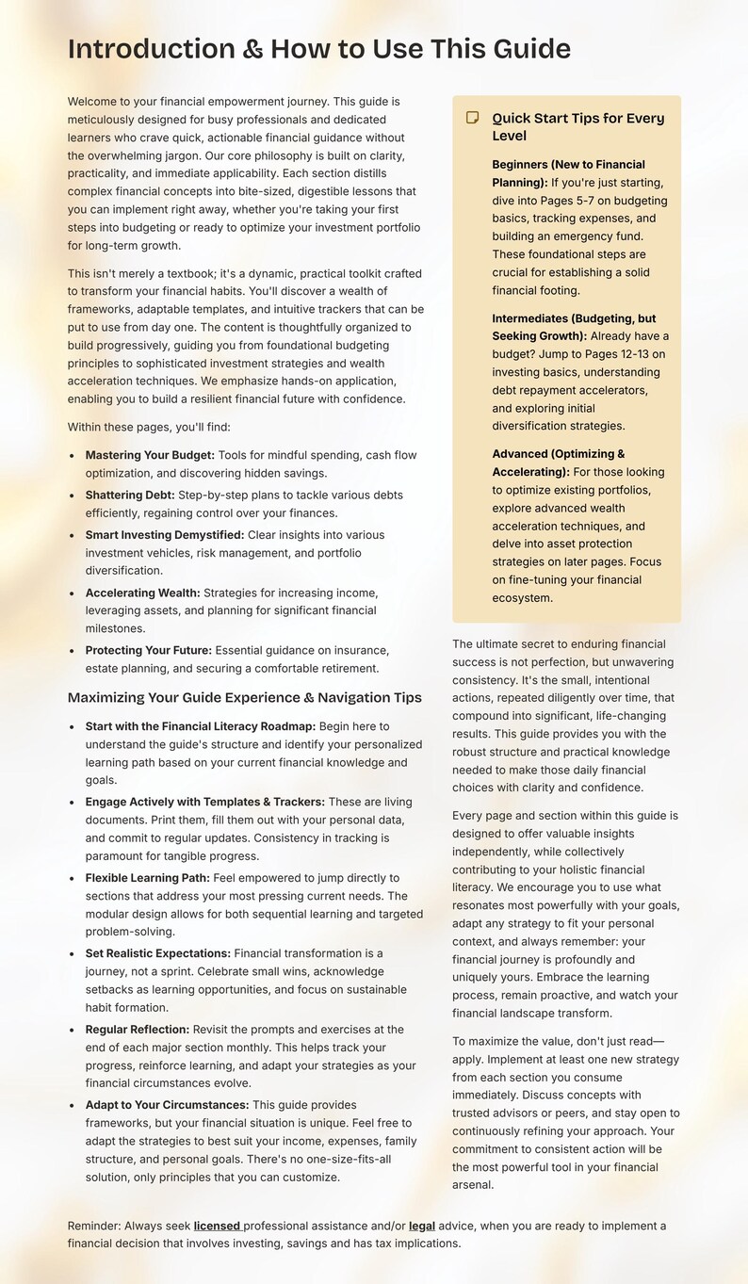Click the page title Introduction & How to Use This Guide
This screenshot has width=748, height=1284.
pos(318,49)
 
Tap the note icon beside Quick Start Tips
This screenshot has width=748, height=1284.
pos(473,118)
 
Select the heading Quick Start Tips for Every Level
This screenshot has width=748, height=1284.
pos(577,126)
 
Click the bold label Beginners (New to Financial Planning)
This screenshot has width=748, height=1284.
pos(568,172)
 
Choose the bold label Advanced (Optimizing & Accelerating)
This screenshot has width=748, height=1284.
pos(558,463)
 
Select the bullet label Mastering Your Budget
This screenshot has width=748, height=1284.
pos(150,455)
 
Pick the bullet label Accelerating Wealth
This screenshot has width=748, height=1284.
pos(142,593)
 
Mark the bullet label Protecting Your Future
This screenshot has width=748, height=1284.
pos(148,650)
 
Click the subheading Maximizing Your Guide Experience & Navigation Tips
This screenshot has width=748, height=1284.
pos(244,698)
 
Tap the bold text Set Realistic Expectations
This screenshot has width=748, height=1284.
pos(157,953)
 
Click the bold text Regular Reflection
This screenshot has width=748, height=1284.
pos(138,1030)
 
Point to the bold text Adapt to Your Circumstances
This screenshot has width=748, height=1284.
pos(167,1105)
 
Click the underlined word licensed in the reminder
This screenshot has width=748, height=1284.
pos(217,1226)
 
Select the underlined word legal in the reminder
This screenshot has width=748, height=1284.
pos(422,1226)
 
